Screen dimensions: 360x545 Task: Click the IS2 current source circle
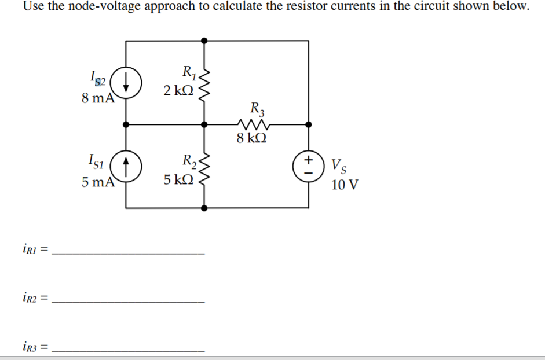(126, 82)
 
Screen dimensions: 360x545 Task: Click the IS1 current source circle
(126, 165)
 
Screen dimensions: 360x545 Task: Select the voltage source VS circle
(308, 165)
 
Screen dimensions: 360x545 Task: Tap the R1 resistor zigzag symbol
(203, 82)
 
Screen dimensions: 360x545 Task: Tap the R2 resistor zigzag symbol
(203, 166)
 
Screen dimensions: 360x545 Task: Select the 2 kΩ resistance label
(180, 90)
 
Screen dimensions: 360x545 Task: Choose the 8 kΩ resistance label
(252, 138)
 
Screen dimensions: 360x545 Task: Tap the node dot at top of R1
(203, 41)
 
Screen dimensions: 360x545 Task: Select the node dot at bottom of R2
(203, 207)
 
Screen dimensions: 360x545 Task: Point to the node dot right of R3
(308, 124)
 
